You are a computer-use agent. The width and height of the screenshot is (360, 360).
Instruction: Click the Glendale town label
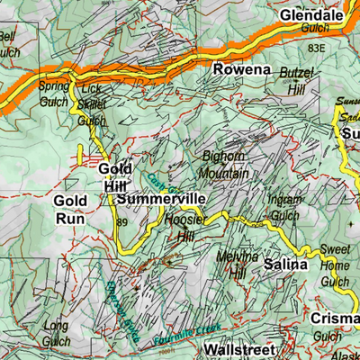pyautogui.click(x=311, y=16)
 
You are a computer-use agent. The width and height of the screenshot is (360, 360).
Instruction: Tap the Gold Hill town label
pyautogui.click(x=114, y=176)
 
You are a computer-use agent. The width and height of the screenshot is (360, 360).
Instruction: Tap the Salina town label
pyautogui.click(x=285, y=265)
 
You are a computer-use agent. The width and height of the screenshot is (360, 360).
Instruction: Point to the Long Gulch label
pyautogui.click(x=56, y=332)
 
